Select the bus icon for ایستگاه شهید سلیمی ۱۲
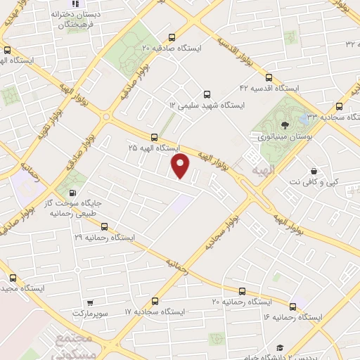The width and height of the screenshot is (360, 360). [x=206, y=94]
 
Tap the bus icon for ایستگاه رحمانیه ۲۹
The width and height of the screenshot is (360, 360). [x=104, y=226]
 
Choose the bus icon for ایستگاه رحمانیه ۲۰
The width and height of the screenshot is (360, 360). [x=241, y=290]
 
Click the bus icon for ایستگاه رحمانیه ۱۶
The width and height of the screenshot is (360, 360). [x=293, y=306]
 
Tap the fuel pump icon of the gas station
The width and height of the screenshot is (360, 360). [x=72, y=193]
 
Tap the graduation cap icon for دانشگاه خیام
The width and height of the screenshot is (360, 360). [x=280, y=348]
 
